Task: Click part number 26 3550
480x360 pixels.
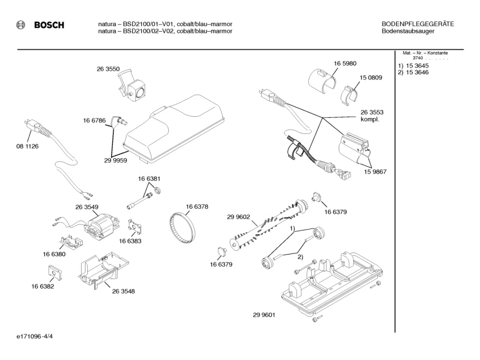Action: coord(107,69)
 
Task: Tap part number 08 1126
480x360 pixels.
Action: coord(27,146)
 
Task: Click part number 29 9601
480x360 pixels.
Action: coord(264,315)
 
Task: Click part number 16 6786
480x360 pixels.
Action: coord(94,120)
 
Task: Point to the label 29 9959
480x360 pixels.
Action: coord(115,160)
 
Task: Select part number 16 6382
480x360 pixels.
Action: coord(43,287)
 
